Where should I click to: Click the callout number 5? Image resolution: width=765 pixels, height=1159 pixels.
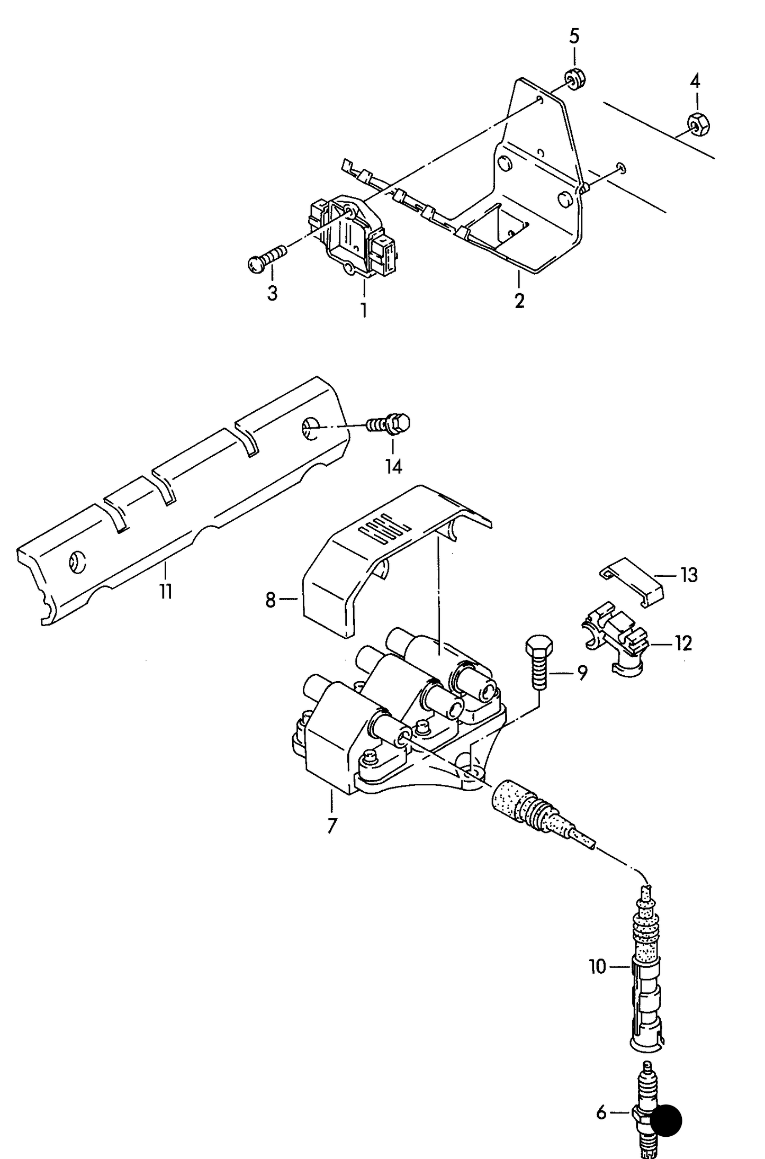[x=574, y=37]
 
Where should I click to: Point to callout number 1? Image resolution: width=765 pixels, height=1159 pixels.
[x=364, y=310]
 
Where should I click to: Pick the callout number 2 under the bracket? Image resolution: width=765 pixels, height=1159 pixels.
[x=519, y=301]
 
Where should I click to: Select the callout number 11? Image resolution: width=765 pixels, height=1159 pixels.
[x=166, y=591]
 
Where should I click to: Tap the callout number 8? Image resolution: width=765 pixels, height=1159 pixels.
[x=271, y=600]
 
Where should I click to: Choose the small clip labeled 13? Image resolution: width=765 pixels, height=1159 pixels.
[x=632, y=580]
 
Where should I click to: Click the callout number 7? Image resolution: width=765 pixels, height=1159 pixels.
[x=331, y=826]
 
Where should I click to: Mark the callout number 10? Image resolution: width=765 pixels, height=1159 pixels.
[x=597, y=967]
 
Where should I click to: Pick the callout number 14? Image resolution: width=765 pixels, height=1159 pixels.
[x=393, y=466]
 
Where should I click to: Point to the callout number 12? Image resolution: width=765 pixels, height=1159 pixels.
[x=684, y=644]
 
